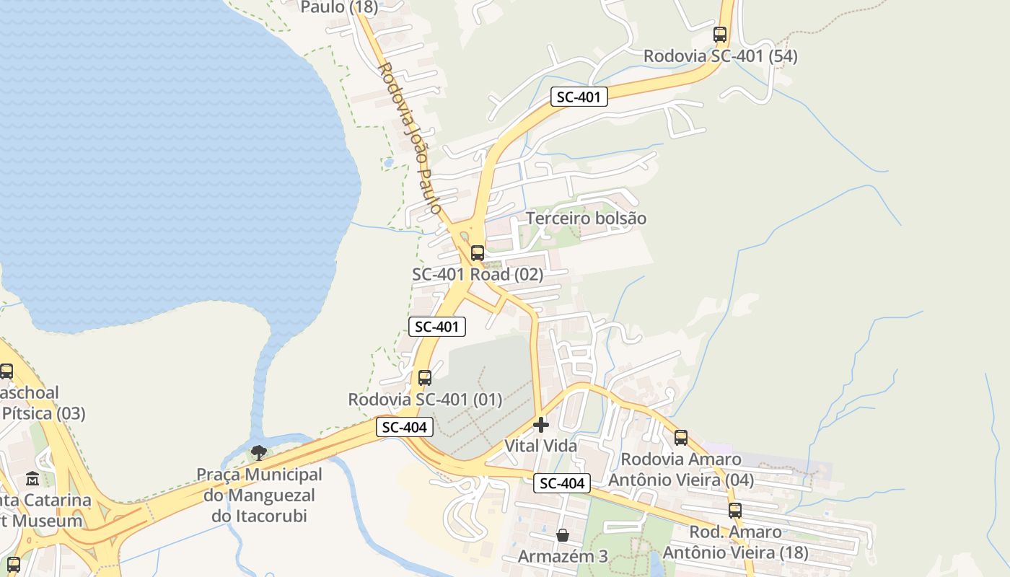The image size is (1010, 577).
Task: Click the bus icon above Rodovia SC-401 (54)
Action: [x=719, y=34]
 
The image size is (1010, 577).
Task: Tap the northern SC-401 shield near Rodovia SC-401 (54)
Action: [x=579, y=97]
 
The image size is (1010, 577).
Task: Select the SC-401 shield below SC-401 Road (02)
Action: [x=437, y=327]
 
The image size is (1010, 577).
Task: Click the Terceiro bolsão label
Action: [x=586, y=219]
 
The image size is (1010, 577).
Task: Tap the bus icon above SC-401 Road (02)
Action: [x=477, y=253]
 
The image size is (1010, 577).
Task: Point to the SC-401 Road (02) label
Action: [x=478, y=275]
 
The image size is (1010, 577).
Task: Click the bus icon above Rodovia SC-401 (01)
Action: [x=425, y=378]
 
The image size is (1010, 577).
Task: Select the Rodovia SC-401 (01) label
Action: [x=425, y=400]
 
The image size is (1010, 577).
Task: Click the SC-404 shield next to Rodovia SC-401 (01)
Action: [x=405, y=427]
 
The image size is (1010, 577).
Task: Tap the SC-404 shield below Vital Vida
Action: [x=562, y=483]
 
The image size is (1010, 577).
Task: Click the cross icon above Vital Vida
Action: [x=540, y=425]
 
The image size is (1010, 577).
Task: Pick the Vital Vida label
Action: [x=540, y=446]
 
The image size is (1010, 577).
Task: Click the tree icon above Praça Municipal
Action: [x=258, y=453]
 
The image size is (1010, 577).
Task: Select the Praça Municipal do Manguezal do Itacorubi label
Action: [x=260, y=495]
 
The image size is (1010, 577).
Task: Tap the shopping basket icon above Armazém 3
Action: [x=563, y=535]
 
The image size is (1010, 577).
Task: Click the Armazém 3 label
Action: [x=563, y=557]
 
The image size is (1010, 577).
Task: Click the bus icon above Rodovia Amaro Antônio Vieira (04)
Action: [x=680, y=437]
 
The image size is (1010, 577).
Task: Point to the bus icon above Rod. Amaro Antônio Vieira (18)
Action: [x=734, y=511]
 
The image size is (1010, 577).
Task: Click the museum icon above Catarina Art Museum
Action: [x=32, y=478]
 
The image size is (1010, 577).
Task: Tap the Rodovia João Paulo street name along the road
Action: [x=409, y=138]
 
